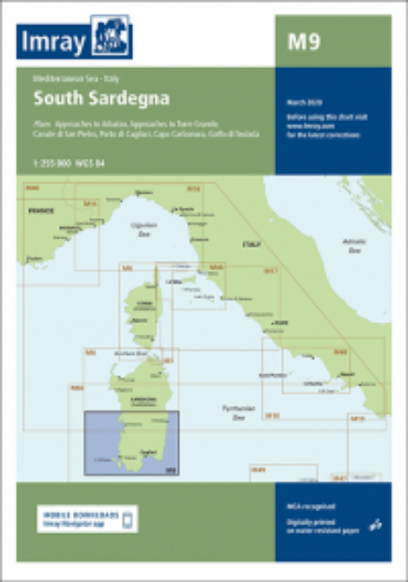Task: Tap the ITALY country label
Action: [x=250, y=243]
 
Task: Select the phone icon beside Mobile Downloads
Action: [x=129, y=518]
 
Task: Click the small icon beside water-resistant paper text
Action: [x=374, y=524]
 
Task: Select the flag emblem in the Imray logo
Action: [x=111, y=38]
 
